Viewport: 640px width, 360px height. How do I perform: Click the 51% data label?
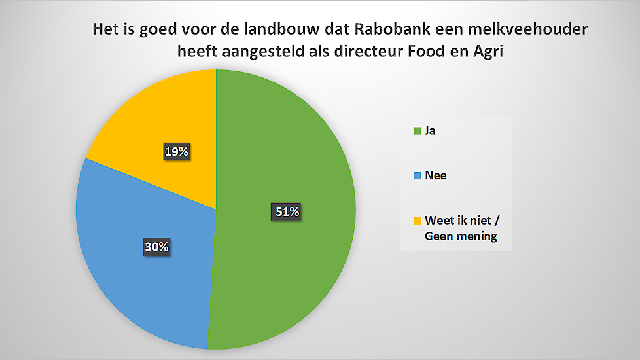[x=287, y=211]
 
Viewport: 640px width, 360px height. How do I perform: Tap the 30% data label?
[x=157, y=247]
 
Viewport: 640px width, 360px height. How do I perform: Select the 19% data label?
[x=176, y=151]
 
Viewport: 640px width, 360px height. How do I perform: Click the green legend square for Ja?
[x=418, y=131]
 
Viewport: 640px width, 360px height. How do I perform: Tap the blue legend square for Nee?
[x=418, y=176]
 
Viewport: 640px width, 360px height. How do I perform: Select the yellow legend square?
[x=418, y=221]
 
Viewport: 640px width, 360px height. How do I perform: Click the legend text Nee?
[x=436, y=175]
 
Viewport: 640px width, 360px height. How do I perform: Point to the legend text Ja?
[x=430, y=131]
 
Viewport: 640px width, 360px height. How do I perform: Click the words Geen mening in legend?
[x=461, y=236]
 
